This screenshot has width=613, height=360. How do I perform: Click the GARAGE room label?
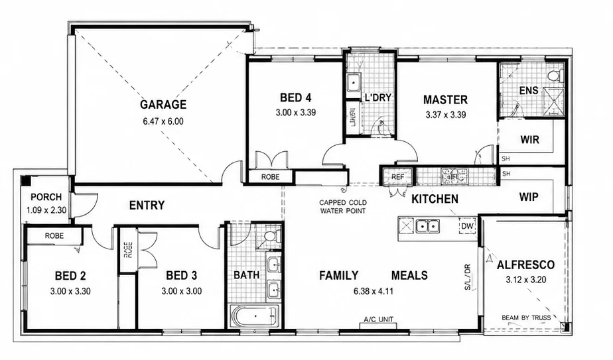(x=163, y=104)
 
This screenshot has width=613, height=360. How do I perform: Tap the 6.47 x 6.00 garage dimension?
(x=163, y=121)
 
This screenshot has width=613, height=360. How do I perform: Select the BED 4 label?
(x=296, y=97)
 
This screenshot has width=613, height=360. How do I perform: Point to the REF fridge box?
(x=397, y=176)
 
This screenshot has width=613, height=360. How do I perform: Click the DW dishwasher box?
(x=467, y=226)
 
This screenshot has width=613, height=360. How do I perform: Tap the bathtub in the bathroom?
(x=254, y=316)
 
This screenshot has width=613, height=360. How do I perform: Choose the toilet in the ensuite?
(x=555, y=75)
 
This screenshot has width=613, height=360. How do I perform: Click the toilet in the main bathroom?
(x=271, y=237)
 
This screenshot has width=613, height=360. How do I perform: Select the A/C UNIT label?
(x=378, y=320)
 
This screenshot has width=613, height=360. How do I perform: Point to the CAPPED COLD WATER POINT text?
(x=343, y=207)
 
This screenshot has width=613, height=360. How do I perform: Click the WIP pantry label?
(x=529, y=197)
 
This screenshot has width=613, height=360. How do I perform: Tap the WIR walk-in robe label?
(x=529, y=139)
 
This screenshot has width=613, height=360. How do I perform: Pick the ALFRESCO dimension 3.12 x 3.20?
(x=526, y=280)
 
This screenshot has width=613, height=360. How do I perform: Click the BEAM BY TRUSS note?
(x=526, y=318)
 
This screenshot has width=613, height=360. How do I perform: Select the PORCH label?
(x=46, y=197)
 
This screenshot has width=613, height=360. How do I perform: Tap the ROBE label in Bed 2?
(x=54, y=236)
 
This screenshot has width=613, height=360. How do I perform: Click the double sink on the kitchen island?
(x=428, y=226)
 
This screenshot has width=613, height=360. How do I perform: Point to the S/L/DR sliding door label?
(x=468, y=277)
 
